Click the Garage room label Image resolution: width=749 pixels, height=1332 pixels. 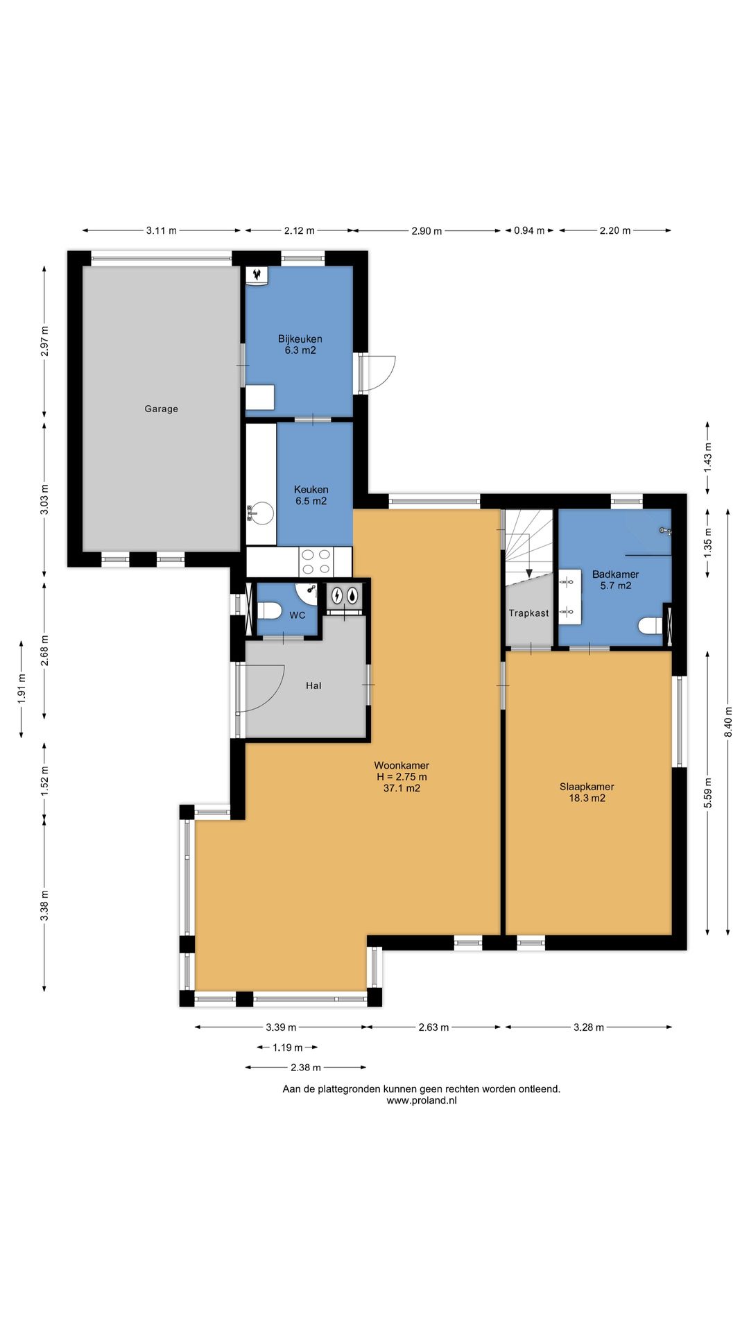161,409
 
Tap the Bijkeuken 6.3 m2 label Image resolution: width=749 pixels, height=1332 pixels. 300,345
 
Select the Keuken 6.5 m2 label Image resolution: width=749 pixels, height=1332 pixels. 311,495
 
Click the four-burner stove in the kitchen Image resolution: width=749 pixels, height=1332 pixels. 316,561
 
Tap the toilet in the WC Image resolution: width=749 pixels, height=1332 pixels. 269,610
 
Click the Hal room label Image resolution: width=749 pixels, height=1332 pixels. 313,685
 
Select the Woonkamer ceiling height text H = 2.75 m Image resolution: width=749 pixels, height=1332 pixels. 402,777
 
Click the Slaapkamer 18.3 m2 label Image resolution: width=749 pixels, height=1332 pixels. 587,792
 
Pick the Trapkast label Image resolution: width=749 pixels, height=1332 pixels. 528,613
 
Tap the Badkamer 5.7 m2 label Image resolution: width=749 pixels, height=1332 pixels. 615,580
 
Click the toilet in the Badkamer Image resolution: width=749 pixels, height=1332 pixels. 652,626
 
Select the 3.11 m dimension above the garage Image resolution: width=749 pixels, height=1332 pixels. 161,230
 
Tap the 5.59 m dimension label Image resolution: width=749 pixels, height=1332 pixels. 708,792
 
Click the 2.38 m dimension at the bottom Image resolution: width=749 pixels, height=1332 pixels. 305,1068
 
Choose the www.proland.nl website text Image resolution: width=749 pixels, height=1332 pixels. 422,1100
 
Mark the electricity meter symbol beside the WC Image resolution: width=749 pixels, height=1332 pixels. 337,595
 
